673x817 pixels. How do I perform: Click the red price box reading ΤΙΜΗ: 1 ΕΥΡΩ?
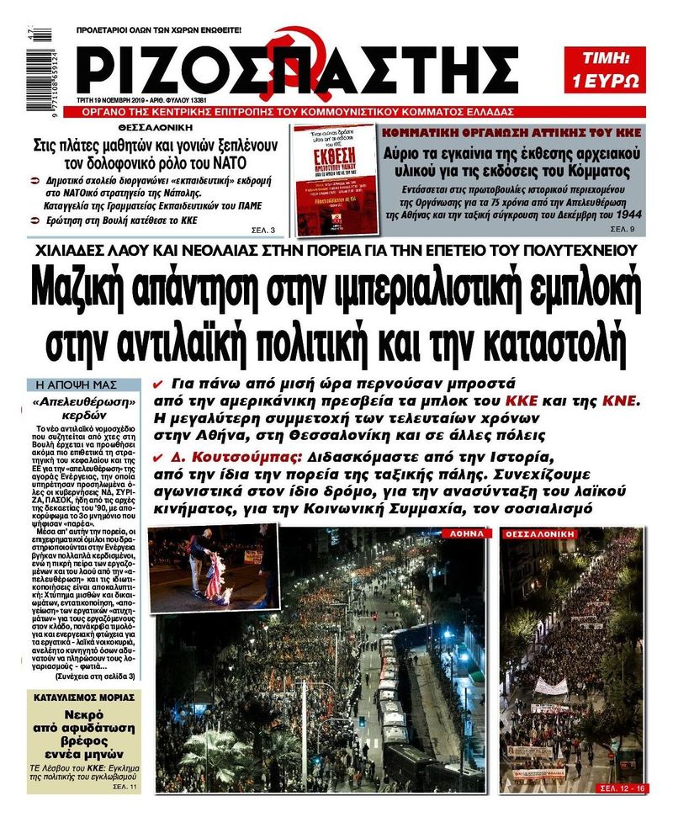point(616,70)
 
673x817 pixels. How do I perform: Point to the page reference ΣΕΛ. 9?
point(622,228)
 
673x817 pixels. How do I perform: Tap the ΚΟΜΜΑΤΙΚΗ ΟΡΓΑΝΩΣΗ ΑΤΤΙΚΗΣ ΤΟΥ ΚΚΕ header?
point(511,133)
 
